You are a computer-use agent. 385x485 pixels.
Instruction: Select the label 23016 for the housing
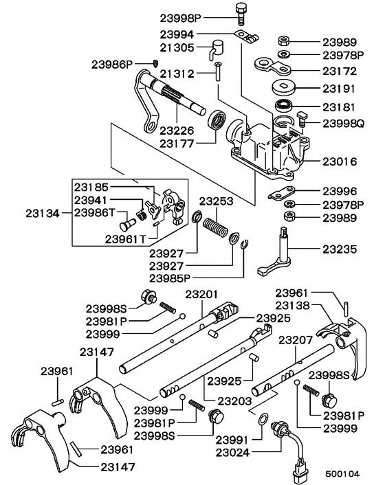(x=338, y=162)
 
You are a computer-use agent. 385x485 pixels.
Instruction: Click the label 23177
(x=177, y=143)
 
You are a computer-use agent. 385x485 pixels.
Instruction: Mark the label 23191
(x=338, y=88)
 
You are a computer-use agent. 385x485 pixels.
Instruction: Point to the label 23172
(x=338, y=70)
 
